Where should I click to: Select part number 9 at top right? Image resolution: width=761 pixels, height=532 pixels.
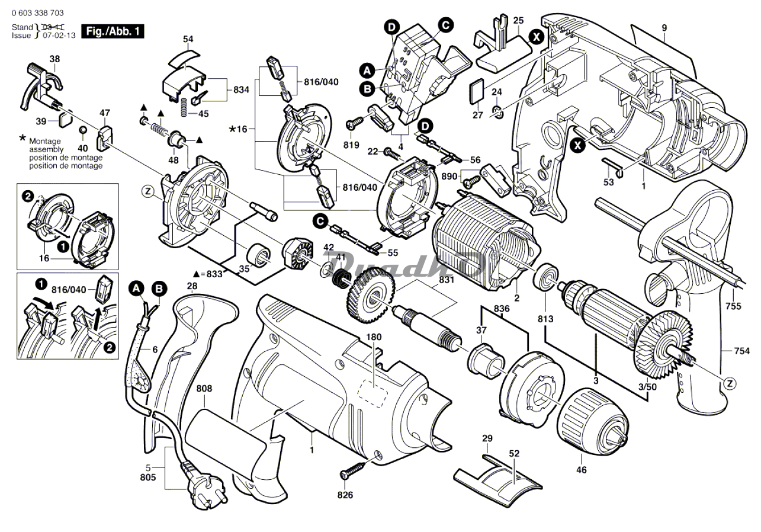[x=664, y=27]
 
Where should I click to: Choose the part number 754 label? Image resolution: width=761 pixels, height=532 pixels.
[x=741, y=352]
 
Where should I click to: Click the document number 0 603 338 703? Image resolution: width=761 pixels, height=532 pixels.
[x=38, y=13]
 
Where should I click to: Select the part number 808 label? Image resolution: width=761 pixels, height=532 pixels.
[x=204, y=389]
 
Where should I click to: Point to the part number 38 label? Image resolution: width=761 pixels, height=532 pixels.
[x=54, y=59]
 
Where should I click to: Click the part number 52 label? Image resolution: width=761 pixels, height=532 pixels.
[x=513, y=454]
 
